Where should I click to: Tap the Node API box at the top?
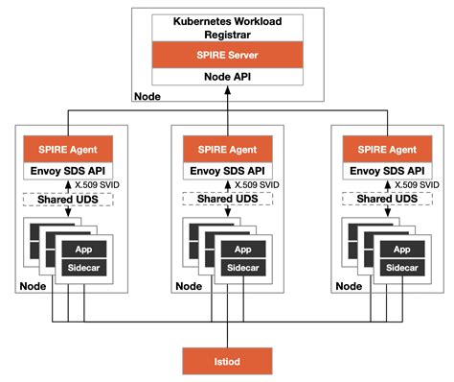pyautogui.click(x=226, y=77)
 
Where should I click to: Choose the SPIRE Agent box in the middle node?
pyautogui.click(x=226, y=150)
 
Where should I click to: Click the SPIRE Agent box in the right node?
pyautogui.click(x=385, y=150)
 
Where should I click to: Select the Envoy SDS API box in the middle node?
pyautogui.click(x=226, y=171)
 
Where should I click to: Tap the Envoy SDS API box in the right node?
pyautogui.click(x=385, y=171)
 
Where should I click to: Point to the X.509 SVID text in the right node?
pyautogui.click(x=419, y=185)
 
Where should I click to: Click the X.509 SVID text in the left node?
pyautogui.click(x=101, y=185)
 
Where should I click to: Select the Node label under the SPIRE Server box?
pyautogui.click(x=148, y=96)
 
